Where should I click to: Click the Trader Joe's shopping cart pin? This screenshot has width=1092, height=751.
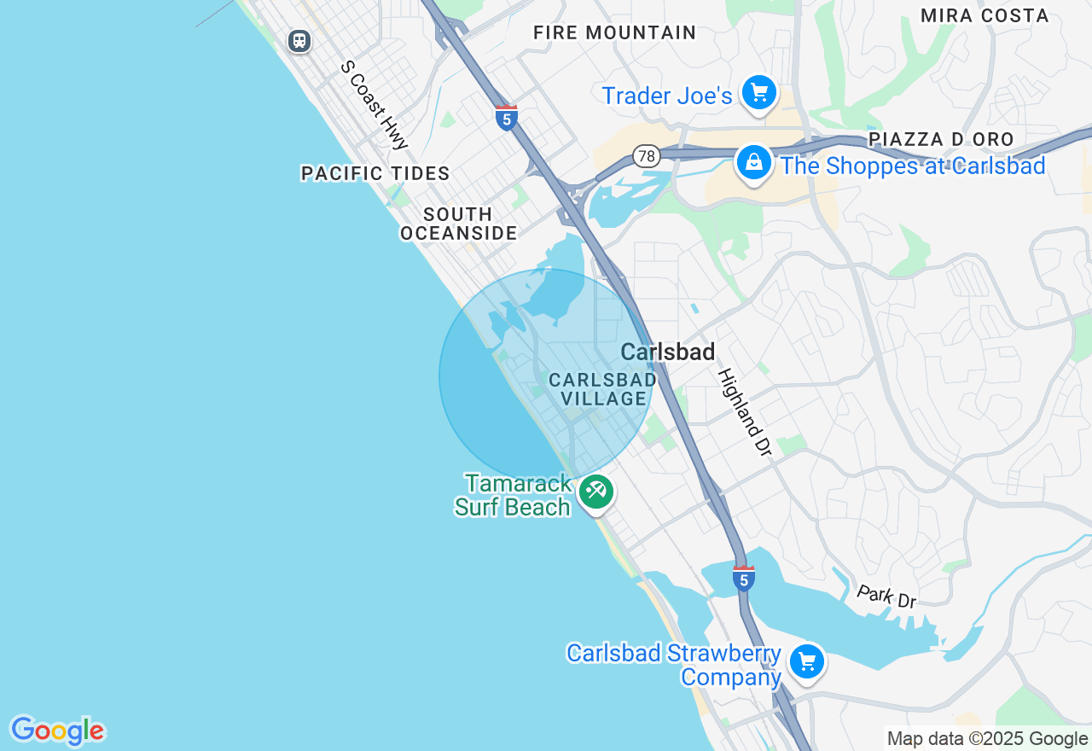[758, 93]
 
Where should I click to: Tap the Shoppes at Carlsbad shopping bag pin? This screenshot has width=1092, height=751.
[754, 162]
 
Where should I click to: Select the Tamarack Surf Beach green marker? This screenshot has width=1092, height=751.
[596, 492]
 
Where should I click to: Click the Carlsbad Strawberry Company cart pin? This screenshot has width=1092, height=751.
[806, 662]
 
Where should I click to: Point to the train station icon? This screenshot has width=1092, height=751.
[299, 40]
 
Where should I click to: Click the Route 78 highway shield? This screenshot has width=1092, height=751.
[647, 155]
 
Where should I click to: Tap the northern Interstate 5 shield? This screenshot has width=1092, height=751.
[507, 118]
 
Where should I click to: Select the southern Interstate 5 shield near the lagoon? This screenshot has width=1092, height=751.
[744, 579]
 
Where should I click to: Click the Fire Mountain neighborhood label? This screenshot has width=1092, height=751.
[614, 32]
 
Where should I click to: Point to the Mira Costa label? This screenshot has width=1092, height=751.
[985, 15]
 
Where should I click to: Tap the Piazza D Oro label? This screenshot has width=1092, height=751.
[941, 139]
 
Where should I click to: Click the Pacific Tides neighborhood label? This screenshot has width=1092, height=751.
[375, 174]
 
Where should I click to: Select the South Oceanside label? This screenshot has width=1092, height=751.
[458, 224]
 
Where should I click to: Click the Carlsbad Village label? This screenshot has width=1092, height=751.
[603, 389]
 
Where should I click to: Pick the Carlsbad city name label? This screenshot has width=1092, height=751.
[667, 352]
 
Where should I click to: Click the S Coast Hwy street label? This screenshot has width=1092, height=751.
[375, 104]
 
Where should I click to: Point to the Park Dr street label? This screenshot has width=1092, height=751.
[886, 597]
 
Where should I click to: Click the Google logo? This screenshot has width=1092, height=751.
[57, 731]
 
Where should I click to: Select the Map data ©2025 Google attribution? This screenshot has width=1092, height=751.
[987, 739]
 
